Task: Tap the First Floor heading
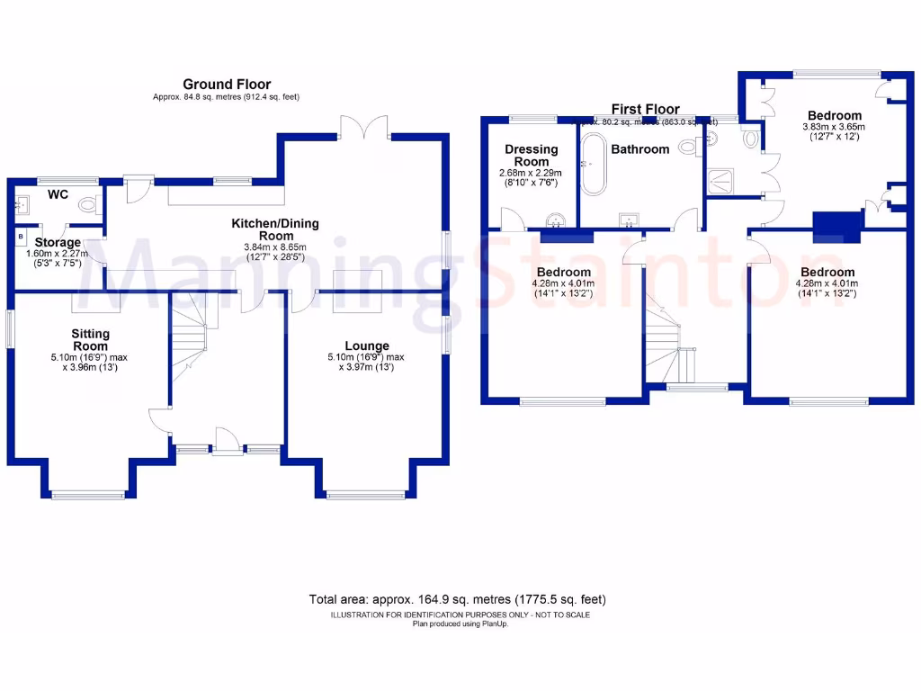point(645,109)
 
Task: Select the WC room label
point(58,193)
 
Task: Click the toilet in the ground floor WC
point(88,206)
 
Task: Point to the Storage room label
point(58,242)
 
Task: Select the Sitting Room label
point(90,340)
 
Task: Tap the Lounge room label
point(367,345)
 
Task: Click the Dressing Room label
point(532,155)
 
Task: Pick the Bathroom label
point(640,149)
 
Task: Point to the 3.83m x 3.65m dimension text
point(834,128)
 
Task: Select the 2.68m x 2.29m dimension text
point(532,173)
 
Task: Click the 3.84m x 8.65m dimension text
point(275,247)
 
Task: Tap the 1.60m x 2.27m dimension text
point(58,254)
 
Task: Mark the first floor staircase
point(670,346)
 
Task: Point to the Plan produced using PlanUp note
point(460,624)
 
